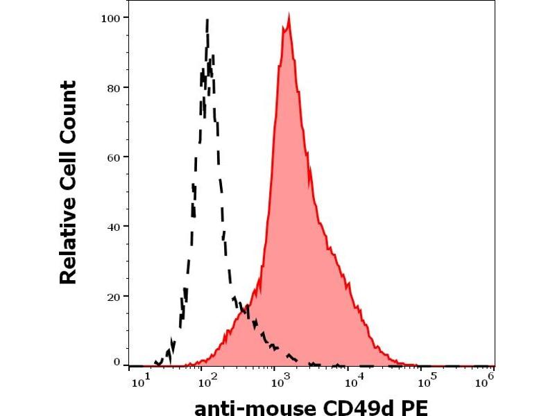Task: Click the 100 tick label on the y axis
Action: click(x=112, y=17)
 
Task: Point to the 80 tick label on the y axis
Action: click(x=114, y=87)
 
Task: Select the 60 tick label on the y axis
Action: click(x=114, y=157)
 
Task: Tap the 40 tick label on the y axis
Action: click(x=114, y=227)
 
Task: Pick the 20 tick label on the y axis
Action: click(x=114, y=297)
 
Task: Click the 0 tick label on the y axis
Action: click(x=117, y=361)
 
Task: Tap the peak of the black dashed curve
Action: click(x=207, y=21)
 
